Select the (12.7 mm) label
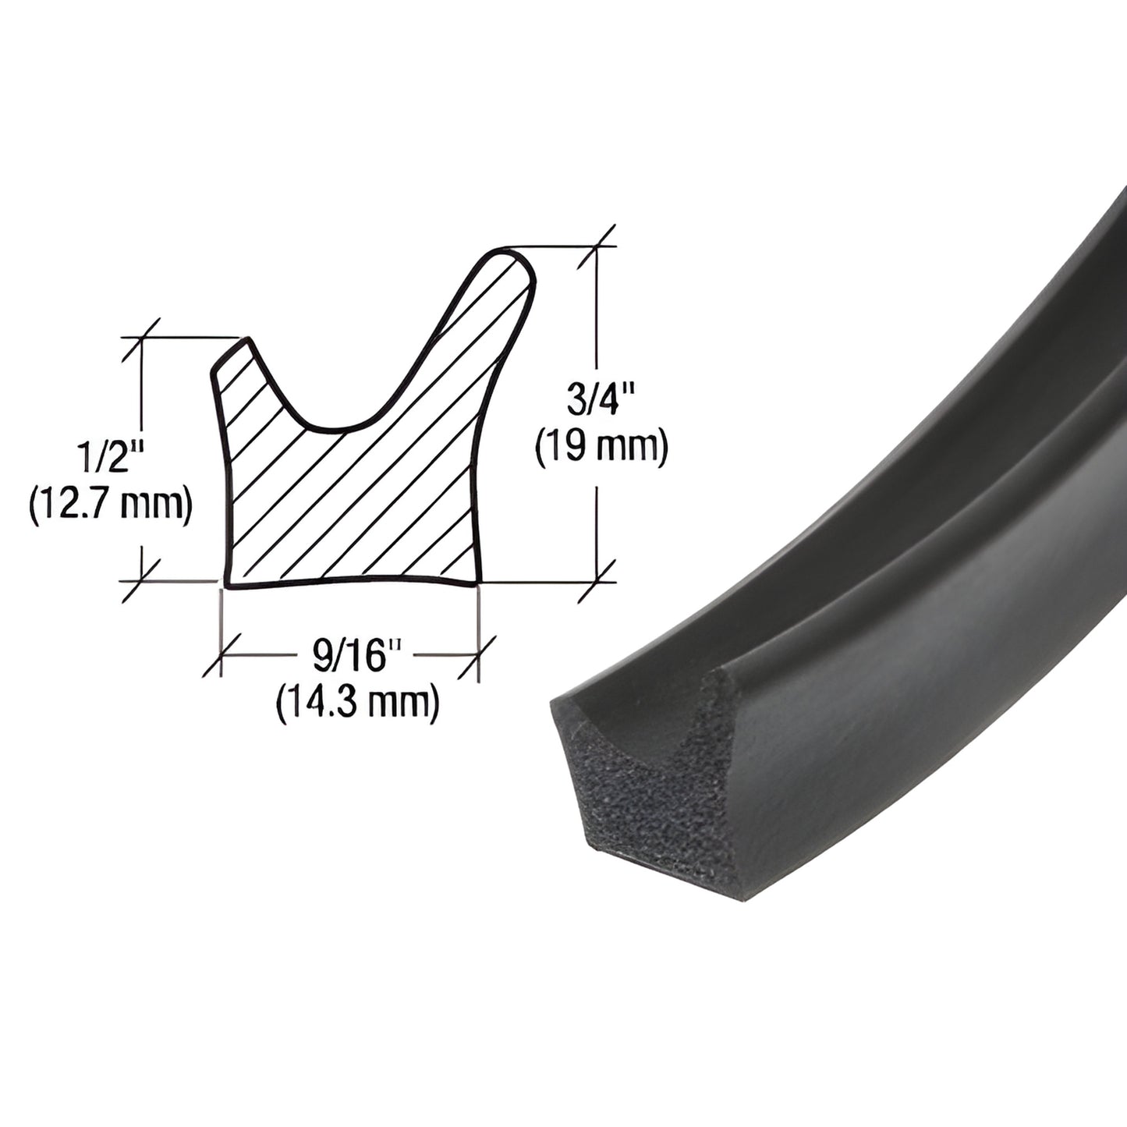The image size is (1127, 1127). click(110, 507)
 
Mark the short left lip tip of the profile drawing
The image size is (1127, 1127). click(246, 341)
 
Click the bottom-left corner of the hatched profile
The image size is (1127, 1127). click(227, 584)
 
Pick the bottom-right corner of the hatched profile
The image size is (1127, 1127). click(477, 581)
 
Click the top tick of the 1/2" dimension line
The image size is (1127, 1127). click(142, 337)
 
